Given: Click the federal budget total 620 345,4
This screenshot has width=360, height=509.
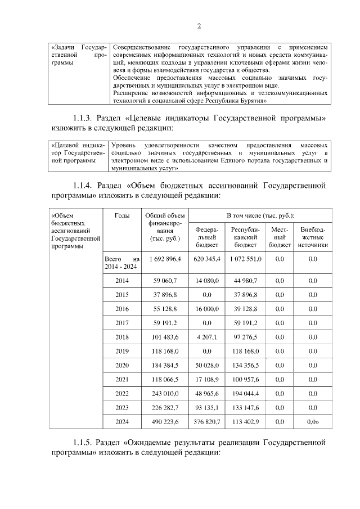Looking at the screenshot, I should coord(207,259).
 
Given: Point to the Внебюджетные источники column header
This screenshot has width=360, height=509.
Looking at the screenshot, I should coord(313,237).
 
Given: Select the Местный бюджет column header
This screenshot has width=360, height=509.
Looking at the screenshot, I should coord(279,237).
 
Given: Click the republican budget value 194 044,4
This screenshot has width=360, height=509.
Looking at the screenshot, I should coord(245,394).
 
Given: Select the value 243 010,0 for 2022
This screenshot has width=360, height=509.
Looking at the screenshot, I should coord(164,394).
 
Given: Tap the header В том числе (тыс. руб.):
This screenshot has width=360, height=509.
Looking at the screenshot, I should coord(260,216).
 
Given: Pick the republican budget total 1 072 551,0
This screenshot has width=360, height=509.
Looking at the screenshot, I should coord(245,259).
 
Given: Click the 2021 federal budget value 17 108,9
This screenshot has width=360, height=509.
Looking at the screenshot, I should coord(207,380).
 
